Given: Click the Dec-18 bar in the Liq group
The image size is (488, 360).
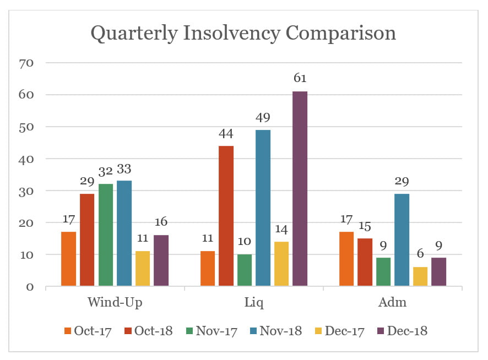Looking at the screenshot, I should click(300, 189).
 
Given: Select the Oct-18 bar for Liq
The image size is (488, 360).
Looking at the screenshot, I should click(226, 216).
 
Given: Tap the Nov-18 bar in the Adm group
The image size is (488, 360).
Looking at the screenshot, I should click(402, 240).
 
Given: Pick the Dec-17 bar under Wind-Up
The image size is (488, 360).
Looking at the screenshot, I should click(143, 269).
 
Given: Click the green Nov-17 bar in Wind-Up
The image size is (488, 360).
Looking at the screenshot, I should click(106, 235).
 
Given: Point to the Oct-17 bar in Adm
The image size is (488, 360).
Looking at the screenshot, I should click(346, 259).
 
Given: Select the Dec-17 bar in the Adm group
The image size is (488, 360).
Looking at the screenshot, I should click(420, 276).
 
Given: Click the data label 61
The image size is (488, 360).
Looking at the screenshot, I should click(300, 78).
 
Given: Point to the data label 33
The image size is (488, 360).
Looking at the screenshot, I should click(124, 170).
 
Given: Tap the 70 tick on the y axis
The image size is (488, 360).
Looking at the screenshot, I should click(26, 63).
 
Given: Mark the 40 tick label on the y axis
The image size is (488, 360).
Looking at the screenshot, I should click(26, 159).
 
